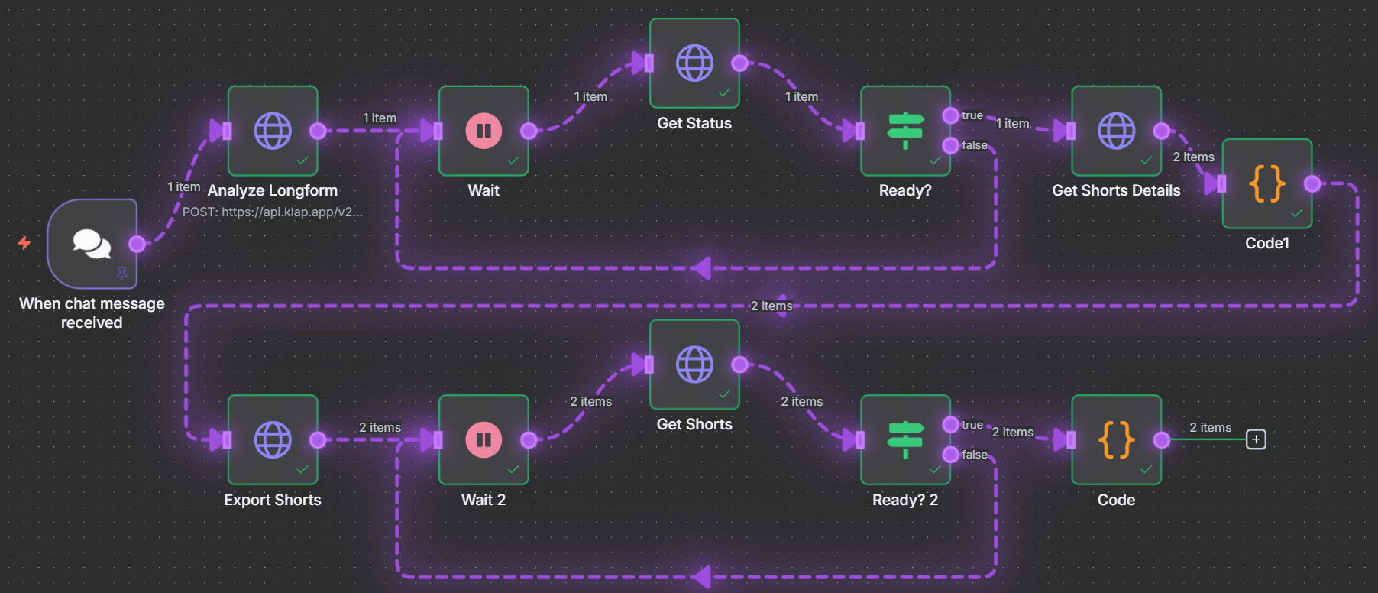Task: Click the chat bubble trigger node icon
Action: pyautogui.click(x=92, y=244)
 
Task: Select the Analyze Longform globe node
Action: pyautogui.click(x=273, y=131)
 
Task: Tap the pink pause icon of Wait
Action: pyautogui.click(x=484, y=131)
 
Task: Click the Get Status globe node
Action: pyautogui.click(x=694, y=63)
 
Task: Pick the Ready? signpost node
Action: pyautogui.click(x=905, y=131)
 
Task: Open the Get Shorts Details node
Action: pyautogui.click(x=1116, y=131)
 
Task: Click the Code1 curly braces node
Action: pyautogui.click(x=1266, y=183)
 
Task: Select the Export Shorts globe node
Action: pyautogui.click(x=273, y=439)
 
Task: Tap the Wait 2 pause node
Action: pyautogui.click(x=484, y=439)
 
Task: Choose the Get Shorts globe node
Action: pyautogui.click(x=694, y=365)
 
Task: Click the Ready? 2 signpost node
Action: pyautogui.click(x=905, y=439)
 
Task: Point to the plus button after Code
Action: pyautogui.click(x=1256, y=439)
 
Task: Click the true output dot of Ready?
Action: pyautogui.click(x=950, y=115)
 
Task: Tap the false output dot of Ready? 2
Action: pyautogui.click(x=950, y=455)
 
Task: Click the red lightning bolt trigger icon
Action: pyautogui.click(x=24, y=243)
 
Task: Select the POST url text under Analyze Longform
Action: pyautogui.click(x=272, y=212)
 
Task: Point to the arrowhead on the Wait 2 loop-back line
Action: pyautogui.click(x=700, y=577)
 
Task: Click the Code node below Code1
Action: pyautogui.click(x=1116, y=439)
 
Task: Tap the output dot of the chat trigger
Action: pyautogui.click(x=137, y=244)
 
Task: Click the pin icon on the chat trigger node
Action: pyautogui.click(x=121, y=273)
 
